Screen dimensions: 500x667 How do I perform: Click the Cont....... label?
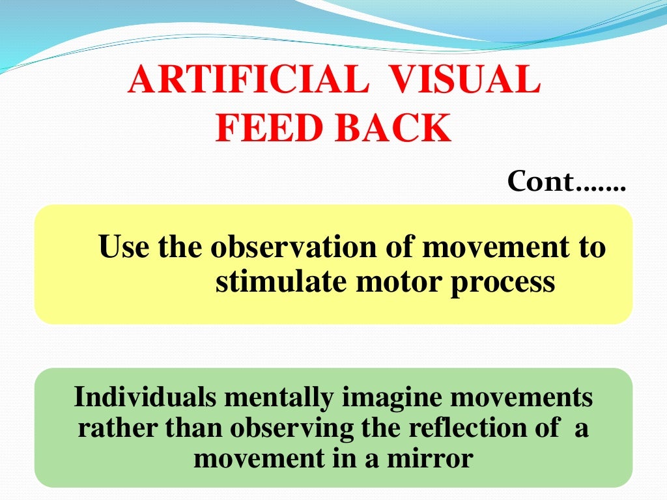[x=565, y=182]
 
